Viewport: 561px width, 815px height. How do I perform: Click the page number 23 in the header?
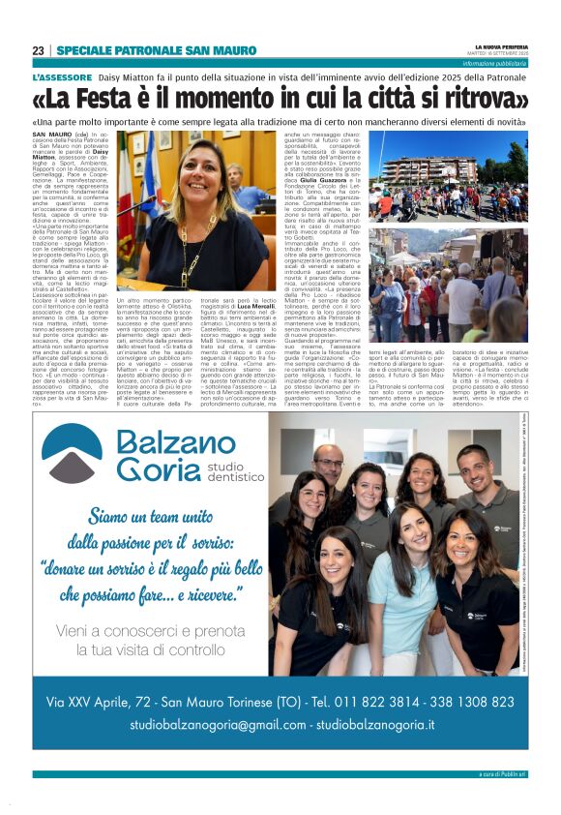[x=38, y=50]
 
